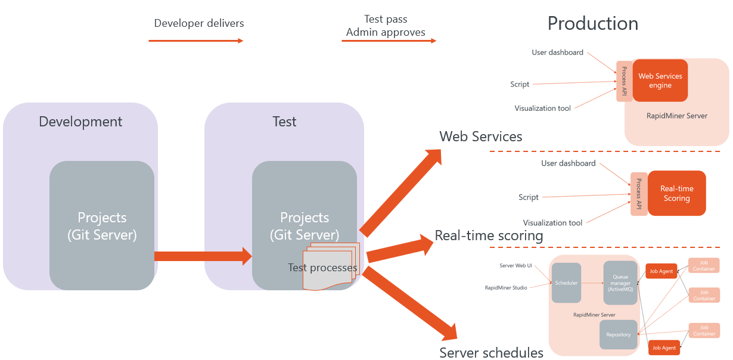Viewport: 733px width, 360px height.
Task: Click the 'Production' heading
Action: click(592, 23)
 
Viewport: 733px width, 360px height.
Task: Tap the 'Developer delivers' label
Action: click(199, 23)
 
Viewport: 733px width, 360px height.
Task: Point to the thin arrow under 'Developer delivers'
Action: click(195, 41)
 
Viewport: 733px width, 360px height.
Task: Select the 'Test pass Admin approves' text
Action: click(386, 26)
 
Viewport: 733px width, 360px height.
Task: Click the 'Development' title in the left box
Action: click(80, 122)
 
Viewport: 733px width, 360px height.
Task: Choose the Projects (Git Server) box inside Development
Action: click(102, 225)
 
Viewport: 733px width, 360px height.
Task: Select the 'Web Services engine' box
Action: click(660, 80)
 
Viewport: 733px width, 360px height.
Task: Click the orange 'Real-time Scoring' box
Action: click(676, 194)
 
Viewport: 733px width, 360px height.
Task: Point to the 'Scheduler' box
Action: click(566, 283)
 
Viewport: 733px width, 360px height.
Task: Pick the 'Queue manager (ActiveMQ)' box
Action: click(620, 283)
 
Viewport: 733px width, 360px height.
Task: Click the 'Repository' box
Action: click(618, 334)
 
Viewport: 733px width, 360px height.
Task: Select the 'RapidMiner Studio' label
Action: click(506, 288)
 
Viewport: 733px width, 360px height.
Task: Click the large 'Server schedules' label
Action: click(491, 352)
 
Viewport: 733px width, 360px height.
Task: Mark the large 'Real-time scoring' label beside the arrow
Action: click(489, 235)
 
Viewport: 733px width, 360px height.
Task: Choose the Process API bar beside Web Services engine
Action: click(624, 81)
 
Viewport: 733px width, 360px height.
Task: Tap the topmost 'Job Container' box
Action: click(704, 265)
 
